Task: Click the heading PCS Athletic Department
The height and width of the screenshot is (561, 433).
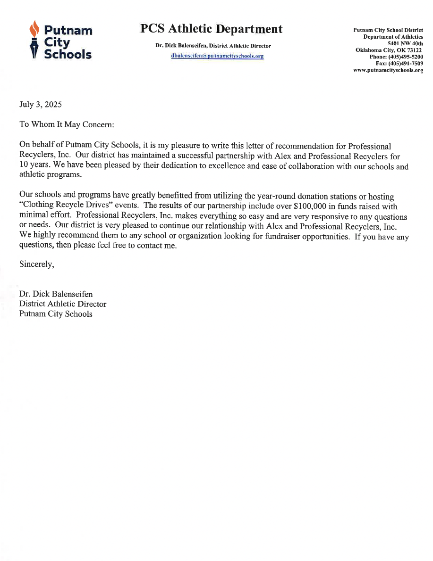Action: point(211,29)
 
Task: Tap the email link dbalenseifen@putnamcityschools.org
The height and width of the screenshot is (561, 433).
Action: point(217,56)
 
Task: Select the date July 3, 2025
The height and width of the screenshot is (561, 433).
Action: point(40,104)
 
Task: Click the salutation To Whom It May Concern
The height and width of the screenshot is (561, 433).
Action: point(66,124)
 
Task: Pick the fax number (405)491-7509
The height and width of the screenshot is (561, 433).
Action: point(409,63)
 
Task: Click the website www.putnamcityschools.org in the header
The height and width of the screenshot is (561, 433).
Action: point(388,70)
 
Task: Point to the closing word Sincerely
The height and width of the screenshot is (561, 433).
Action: point(36,264)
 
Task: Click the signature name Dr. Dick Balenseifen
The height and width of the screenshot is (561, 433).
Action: point(56,294)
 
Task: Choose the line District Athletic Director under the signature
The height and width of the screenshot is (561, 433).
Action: point(62,304)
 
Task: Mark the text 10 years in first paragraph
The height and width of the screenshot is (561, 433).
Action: point(34,166)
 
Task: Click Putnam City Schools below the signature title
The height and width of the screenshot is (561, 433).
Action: point(56,314)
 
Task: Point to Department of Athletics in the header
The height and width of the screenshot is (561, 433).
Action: point(393,37)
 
